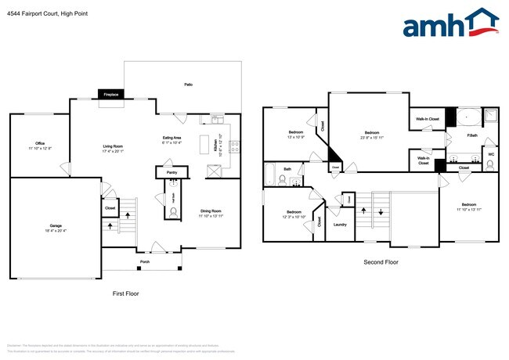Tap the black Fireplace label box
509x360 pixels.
point(111,95)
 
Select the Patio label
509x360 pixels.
point(188,84)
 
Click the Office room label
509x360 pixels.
point(39,143)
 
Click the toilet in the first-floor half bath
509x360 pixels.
point(172,211)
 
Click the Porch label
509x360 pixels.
point(145,261)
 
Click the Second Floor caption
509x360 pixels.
point(381,262)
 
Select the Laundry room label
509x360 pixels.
point(340,225)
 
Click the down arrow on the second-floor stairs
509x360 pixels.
point(381,212)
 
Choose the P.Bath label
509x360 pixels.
point(472,136)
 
